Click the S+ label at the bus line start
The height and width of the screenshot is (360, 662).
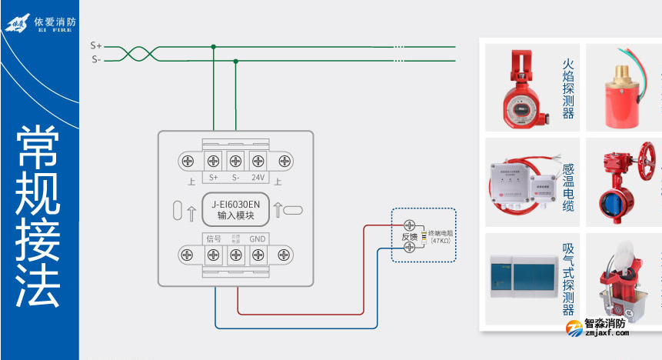click(96, 46)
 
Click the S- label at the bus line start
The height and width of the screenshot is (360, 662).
click(96, 59)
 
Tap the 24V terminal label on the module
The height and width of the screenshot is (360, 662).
click(258, 178)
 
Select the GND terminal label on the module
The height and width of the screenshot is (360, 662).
click(258, 239)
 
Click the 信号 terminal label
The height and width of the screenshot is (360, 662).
click(213, 239)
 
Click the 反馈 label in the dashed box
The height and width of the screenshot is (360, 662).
click(409, 237)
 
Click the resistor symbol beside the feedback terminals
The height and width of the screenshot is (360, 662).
click(422, 236)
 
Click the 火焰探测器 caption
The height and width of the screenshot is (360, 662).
click(569, 87)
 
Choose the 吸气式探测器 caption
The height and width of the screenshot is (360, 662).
click(569, 279)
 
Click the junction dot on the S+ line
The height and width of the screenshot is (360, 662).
click(214, 46)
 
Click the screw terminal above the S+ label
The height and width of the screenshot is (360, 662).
click(212, 161)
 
